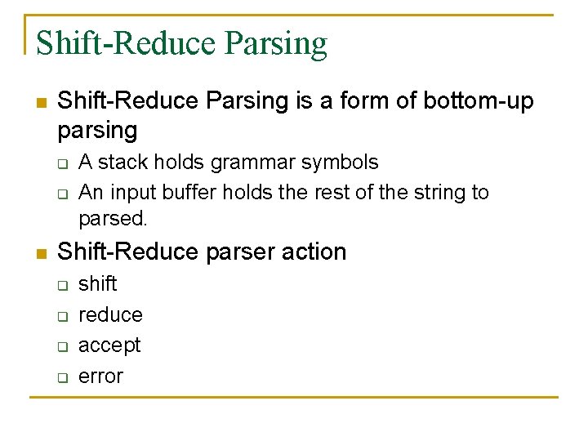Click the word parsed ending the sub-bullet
(x=113, y=220)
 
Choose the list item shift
(x=98, y=283)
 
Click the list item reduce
(x=110, y=314)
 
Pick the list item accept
(x=109, y=345)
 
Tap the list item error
(x=100, y=376)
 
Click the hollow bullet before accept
(x=61, y=346)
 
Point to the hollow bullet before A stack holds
(x=61, y=163)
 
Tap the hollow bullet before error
(x=61, y=377)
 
